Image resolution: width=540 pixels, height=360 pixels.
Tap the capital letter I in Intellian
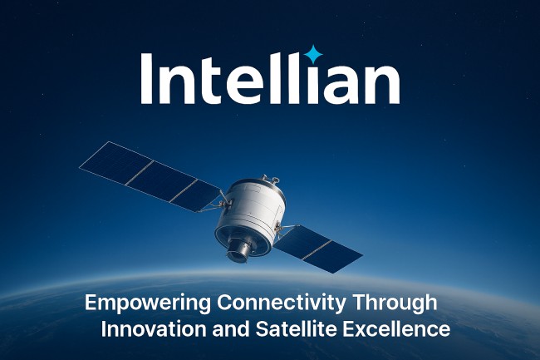[x=149, y=78]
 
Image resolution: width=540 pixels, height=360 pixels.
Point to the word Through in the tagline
[x=398, y=303]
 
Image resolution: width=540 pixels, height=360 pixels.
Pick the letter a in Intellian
[x=343, y=83]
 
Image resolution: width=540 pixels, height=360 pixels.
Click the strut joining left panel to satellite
[x=220, y=200]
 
